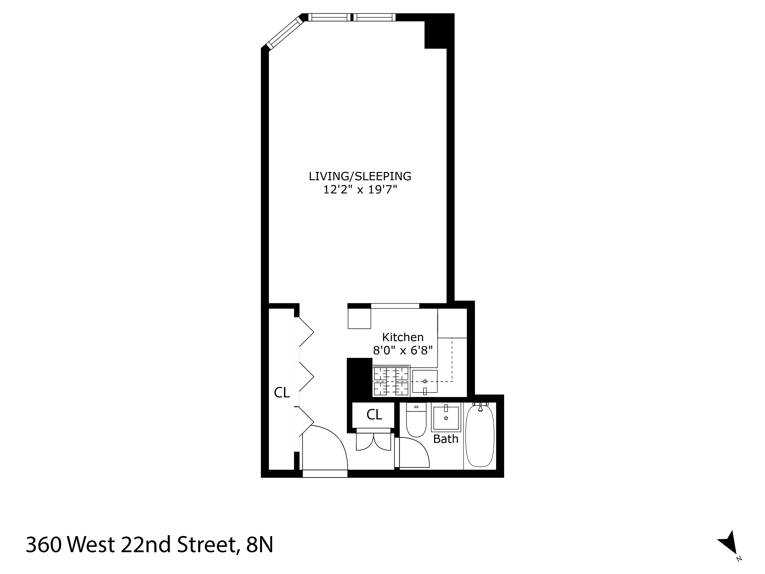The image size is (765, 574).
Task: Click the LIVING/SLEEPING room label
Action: (360, 176)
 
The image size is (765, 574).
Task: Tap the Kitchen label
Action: (403, 337)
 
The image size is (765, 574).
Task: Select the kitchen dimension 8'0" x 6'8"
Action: (403, 351)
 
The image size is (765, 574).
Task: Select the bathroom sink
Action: (446, 418)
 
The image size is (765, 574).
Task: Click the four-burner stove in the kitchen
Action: (391, 381)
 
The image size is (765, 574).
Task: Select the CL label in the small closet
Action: (374, 414)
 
